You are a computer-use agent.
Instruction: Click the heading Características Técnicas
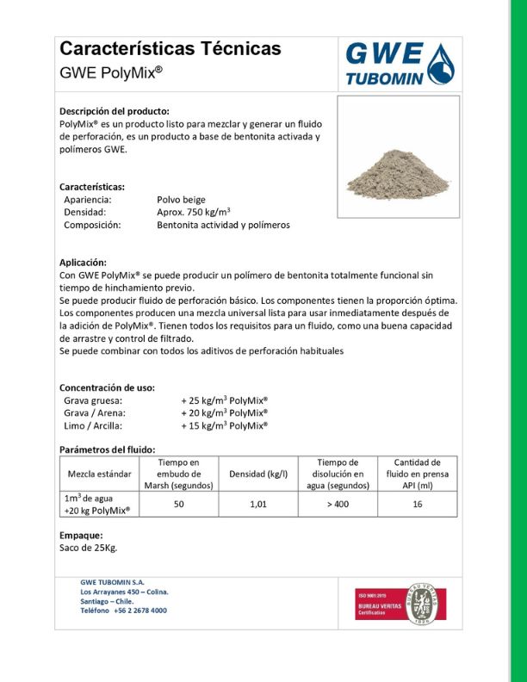click(170, 49)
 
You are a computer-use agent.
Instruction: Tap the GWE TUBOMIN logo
click(397, 65)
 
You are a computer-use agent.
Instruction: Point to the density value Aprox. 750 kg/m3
click(194, 212)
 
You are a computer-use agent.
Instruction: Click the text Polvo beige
click(181, 199)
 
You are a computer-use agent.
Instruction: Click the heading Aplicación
click(83, 262)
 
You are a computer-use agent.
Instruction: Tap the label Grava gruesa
click(93, 400)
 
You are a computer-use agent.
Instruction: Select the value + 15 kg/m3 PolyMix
click(224, 425)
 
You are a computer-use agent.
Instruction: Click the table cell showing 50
click(178, 504)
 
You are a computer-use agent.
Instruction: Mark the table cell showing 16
click(417, 504)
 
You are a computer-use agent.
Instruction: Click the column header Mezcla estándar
click(100, 474)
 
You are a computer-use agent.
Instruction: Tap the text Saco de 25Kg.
click(88, 548)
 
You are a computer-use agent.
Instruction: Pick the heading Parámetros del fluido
click(107, 449)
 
